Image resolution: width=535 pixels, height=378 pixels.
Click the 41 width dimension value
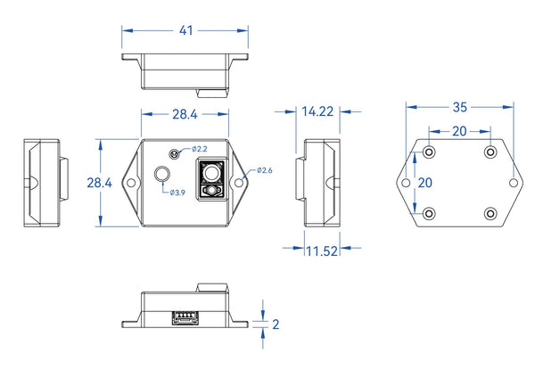tap(186, 30)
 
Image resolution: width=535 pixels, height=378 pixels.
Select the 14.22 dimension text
tap(317, 111)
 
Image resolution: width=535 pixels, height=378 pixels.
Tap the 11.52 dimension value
tap(322, 251)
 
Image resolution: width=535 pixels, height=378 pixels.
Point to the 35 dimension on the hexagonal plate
tap(459, 107)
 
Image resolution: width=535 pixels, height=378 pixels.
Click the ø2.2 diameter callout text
tap(199, 149)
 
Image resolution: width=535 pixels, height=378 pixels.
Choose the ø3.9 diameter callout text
tap(177, 193)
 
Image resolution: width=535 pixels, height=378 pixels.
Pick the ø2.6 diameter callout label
tap(265, 170)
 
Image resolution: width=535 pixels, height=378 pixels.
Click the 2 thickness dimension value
tap(276, 325)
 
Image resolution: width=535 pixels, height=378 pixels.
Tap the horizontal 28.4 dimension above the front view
tap(185, 114)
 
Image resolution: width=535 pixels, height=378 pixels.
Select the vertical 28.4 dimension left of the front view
tap(99, 183)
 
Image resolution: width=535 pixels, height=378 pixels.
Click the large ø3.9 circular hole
tap(162, 175)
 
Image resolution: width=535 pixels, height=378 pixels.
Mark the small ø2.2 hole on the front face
tap(175, 154)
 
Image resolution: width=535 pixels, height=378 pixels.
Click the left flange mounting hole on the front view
tap(131, 183)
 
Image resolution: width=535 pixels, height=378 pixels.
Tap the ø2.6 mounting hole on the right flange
tap(239, 183)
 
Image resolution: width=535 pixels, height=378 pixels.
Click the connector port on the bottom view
tap(185, 317)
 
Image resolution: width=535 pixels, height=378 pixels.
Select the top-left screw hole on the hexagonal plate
tap(429, 152)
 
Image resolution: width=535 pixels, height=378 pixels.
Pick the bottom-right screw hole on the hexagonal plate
tap(490, 214)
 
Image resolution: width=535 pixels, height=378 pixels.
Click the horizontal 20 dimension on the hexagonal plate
tap(459, 131)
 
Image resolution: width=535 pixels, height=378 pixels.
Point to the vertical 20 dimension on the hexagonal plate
tap(425, 183)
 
